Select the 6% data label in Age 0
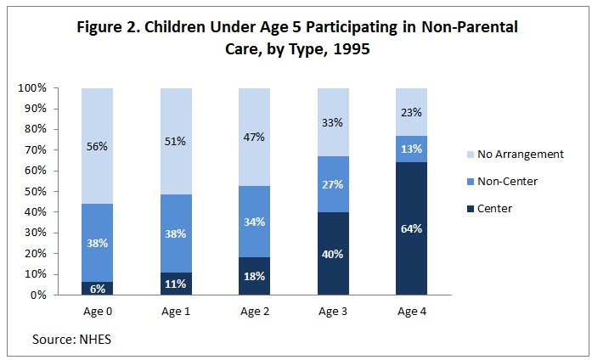tap(98, 289)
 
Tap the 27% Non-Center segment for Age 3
tap(332, 183)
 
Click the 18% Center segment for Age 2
tap(254, 276)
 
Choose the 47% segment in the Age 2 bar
tap(254, 137)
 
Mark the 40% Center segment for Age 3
tap(332, 253)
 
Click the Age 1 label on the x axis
tap(176, 312)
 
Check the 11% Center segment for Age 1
tap(176, 284)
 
